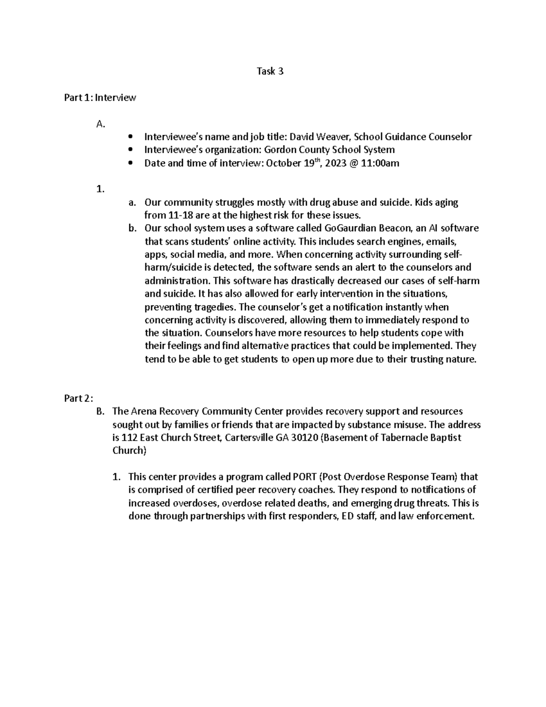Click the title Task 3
[x=270, y=71]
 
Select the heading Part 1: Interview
[x=100, y=97]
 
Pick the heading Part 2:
[x=79, y=398]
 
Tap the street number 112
[x=130, y=438]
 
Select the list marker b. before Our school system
[x=132, y=229]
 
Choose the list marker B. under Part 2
[x=101, y=412]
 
